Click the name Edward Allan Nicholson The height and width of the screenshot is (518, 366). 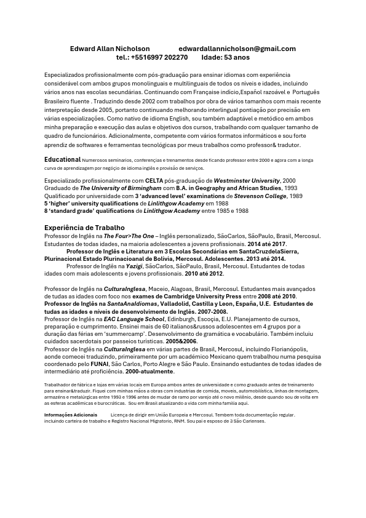point(109,49)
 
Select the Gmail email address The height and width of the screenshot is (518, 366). point(237,49)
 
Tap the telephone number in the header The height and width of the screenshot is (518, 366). point(152,57)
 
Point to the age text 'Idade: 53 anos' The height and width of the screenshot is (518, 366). point(225,57)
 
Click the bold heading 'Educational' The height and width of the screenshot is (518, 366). point(62,160)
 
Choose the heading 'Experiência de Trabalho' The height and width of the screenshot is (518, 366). point(84,228)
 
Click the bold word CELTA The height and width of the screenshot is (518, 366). point(154,181)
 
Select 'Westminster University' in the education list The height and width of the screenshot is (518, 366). point(246,181)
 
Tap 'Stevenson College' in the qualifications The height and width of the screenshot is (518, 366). point(260,196)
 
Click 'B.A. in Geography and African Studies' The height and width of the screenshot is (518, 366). point(228,188)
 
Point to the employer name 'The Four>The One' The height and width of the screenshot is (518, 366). point(129,236)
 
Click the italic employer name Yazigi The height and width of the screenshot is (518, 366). point(134,266)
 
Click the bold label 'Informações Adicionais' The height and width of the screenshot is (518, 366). point(71,415)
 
